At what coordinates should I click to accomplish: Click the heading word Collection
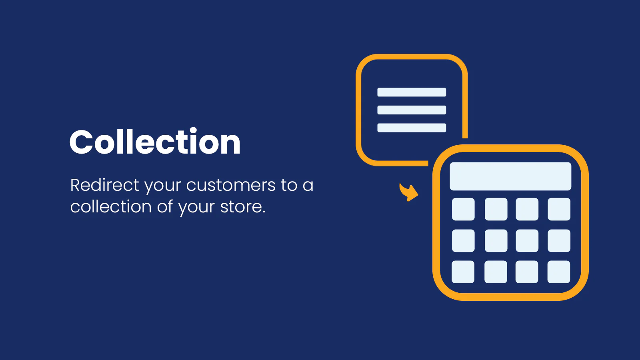click(155, 142)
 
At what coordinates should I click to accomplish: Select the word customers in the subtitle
click(231, 185)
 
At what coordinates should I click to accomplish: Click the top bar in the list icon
click(412, 92)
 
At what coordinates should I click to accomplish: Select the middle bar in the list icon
click(412, 110)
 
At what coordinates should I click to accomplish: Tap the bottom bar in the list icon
click(412, 128)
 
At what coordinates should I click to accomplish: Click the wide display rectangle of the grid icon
click(510, 176)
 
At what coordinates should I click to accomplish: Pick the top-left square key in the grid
click(463, 209)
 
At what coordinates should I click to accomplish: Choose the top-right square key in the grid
click(559, 209)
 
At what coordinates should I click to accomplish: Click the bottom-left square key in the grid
click(463, 272)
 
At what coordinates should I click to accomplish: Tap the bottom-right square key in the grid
click(558, 272)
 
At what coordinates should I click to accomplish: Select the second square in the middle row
click(496, 240)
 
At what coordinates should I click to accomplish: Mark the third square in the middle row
click(527, 240)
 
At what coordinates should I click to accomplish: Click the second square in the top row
click(496, 209)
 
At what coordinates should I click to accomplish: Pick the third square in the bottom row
click(526, 272)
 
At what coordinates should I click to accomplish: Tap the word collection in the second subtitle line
click(111, 206)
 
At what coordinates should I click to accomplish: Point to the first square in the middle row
click(463, 240)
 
